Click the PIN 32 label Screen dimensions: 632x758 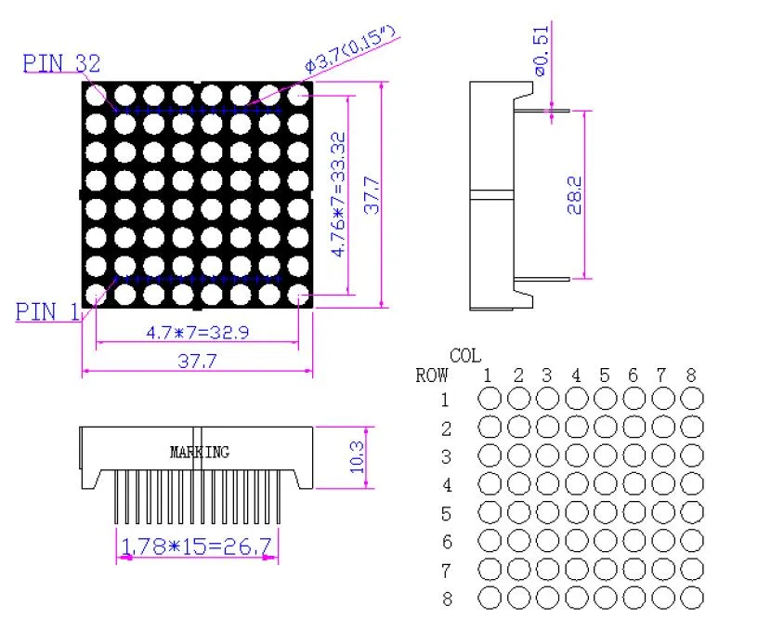(x=61, y=64)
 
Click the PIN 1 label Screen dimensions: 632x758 (x=47, y=311)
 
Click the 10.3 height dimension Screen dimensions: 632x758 (x=357, y=456)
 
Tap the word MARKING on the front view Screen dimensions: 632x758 (x=199, y=453)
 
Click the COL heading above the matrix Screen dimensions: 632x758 (x=465, y=356)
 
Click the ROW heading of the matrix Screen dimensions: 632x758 (x=432, y=376)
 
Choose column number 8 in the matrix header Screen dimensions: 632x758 (x=691, y=376)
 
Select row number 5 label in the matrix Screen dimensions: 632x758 (x=447, y=513)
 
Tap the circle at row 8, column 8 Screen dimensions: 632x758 (x=692, y=597)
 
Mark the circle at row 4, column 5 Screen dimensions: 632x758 (x=605, y=484)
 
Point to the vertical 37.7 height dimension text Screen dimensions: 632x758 (x=371, y=194)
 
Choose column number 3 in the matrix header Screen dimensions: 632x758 (x=547, y=376)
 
